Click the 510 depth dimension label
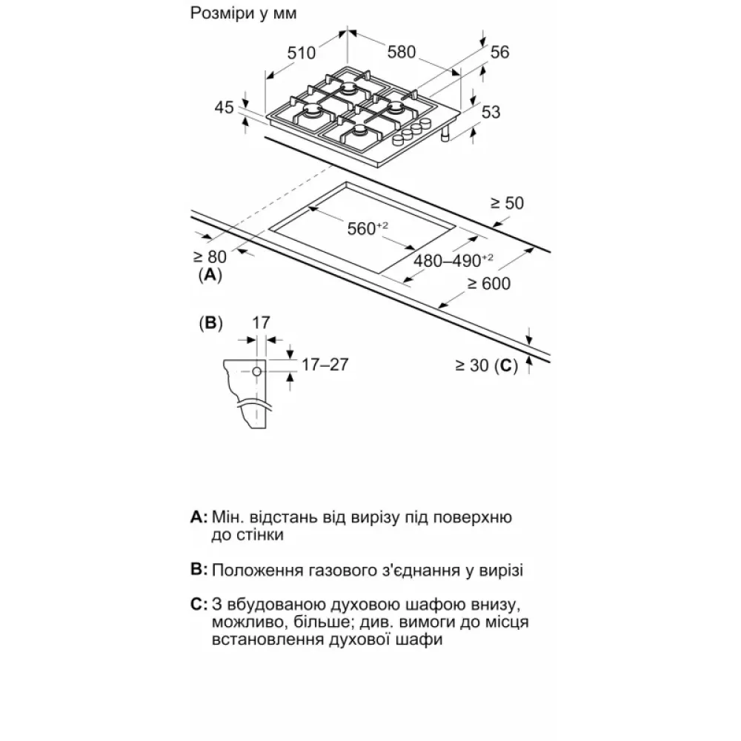pos(302,53)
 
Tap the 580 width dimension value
pos(401,53)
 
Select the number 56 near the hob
pos(500,52)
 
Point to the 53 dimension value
pos(491,113)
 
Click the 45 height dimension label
pos(225,107)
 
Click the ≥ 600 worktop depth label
pos(488,283)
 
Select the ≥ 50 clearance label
pos(508,203)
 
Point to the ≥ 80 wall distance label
pos(209,257)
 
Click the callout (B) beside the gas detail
pos(211,323)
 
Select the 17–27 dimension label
pos(324,364)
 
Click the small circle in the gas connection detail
pos(256,371)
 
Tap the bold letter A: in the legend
pos(198,516)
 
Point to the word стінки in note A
pos(256,534)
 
